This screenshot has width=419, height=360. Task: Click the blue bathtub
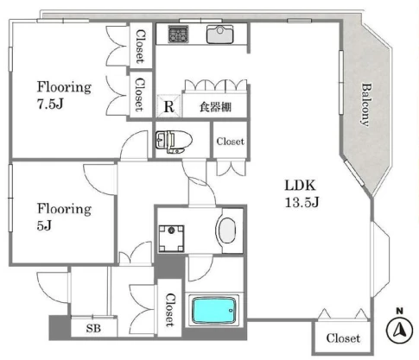214,310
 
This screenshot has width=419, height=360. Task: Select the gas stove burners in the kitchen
179,34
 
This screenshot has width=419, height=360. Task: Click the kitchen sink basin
219,35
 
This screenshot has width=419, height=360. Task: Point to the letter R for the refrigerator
169,107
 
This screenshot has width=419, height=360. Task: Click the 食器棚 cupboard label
215,107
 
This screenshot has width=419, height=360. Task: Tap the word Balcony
366,104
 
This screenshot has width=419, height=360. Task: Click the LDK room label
301,186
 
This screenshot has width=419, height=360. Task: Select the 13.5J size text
302,202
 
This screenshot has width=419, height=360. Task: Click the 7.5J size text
50,104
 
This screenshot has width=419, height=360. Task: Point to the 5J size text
44,225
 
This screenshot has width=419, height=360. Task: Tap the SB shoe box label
93,328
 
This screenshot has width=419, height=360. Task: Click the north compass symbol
400,330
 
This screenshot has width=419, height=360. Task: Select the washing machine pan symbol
172,238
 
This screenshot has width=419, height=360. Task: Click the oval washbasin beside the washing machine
227,231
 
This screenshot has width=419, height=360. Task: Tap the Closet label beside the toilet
230,142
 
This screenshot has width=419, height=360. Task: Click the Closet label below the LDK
343,338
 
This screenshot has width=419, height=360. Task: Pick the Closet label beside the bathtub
170,310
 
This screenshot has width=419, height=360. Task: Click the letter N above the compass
399,311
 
